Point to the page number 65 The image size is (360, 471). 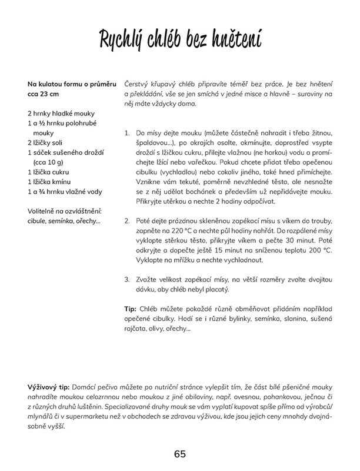tap(180, 453)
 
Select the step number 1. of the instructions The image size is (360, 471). tap(128, 134)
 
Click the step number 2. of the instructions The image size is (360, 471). tap(128, 220)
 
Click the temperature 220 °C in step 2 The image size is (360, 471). tap(182, 230)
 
